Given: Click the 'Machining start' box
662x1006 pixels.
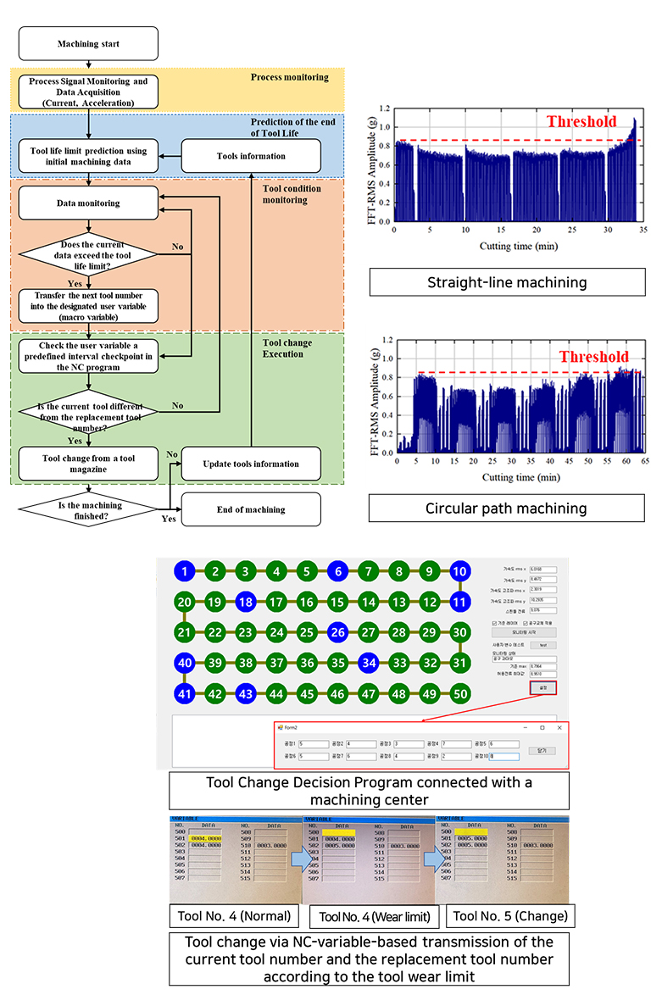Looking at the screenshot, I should pos(88,43).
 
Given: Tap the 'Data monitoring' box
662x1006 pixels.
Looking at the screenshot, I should pos(88,203).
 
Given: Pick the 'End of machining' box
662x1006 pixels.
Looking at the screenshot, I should pos(251,509).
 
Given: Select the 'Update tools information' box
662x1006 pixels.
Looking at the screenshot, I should pos(251,464).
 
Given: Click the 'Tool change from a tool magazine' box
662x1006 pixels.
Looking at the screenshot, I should pos(88,464).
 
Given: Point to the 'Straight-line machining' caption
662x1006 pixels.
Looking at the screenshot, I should pos(507,282).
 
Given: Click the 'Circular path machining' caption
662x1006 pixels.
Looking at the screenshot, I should pos(507,509).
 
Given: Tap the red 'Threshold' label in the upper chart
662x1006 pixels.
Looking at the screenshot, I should pos(581,121).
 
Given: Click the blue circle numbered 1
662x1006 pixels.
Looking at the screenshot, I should pos(186,571).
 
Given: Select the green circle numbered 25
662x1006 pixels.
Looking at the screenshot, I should pos(308,632).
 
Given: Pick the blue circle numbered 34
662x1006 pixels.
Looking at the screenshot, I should pos(369,663).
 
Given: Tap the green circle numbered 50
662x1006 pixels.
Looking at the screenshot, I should pos(460,693).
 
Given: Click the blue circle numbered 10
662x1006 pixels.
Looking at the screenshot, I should pos(460,571).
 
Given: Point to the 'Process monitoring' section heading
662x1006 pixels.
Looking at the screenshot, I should pos(289,77).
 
